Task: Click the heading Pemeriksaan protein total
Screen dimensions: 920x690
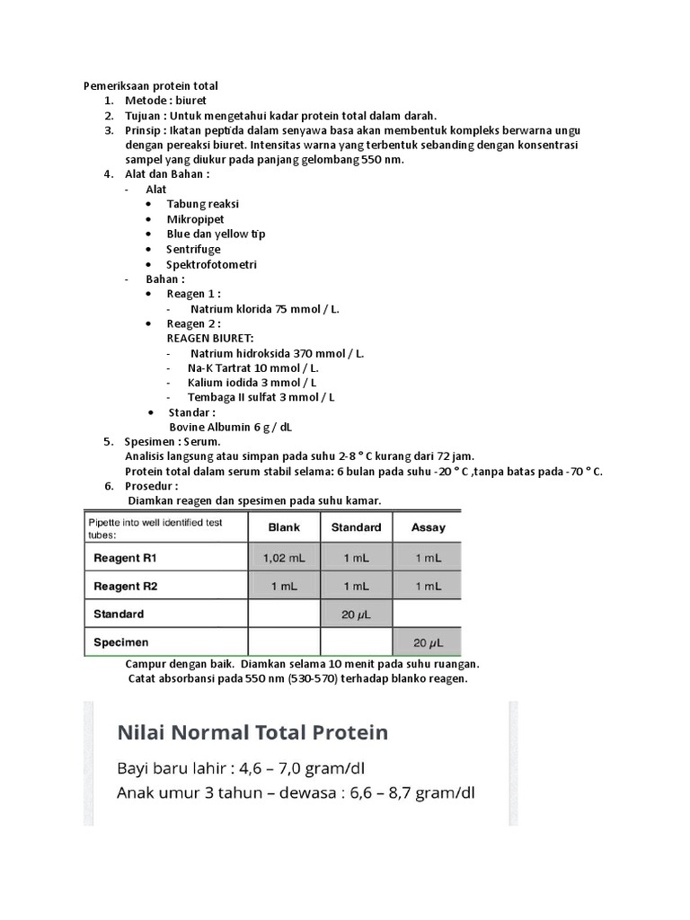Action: coord(151,85)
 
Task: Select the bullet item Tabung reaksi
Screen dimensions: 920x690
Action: coord(202,204)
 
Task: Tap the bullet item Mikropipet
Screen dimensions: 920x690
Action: coord(195,219)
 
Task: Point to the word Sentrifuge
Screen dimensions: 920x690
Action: coord(193,249)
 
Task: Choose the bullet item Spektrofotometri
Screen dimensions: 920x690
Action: coord(211,264)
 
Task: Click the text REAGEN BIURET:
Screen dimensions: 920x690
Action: coord(210,338)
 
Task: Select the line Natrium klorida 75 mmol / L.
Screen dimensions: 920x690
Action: coord(265,308)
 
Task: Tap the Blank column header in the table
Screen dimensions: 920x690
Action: coord(284,527)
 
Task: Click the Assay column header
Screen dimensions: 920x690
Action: coord(428,527)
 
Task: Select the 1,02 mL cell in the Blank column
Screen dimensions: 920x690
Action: coord(284,558)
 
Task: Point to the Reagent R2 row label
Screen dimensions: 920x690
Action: coord(126,586)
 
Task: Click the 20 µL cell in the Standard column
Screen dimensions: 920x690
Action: coord(356,615)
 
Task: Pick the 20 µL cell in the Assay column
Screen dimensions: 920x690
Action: coord(428,643)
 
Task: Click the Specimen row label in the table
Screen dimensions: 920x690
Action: coord(121,642)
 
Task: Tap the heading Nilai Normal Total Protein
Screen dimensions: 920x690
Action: coord(253,732)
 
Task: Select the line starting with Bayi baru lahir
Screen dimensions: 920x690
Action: coord(242,769)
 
